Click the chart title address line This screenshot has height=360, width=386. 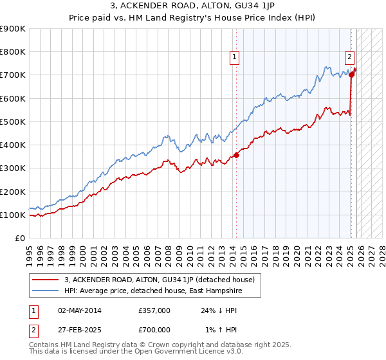[192, 6]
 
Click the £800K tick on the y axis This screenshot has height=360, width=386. [13, 52]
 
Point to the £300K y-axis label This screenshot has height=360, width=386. [13, 168]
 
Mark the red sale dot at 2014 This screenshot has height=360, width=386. [237, 155]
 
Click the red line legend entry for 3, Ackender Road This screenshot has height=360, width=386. [160, 280]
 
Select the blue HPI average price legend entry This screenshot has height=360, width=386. [155, 291]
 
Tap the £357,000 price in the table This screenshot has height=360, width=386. [154, 310]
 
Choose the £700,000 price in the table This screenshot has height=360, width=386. [154, 330]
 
